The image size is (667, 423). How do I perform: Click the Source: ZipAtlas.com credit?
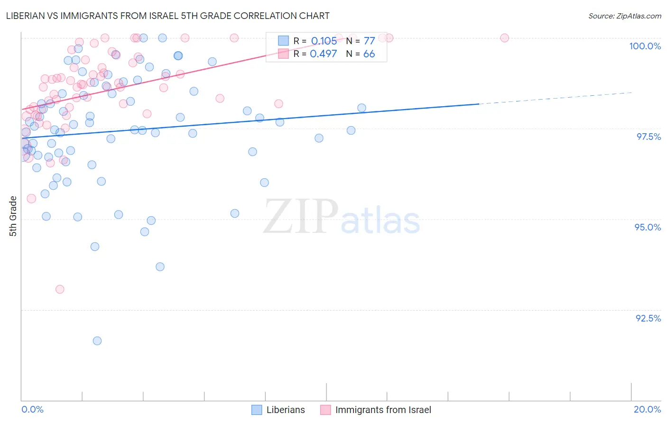point(624,16)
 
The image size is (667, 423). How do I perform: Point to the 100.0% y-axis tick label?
point(645,46)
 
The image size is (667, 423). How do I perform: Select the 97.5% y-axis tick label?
point(648,137)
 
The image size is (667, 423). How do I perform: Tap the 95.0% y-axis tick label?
point(648,227)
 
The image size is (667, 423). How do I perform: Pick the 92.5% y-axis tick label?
point(648,318)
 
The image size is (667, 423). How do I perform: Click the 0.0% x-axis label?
point(32,409)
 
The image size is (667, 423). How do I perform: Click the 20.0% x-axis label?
point(647,409)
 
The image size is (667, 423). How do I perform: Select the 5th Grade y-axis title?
point(13,216)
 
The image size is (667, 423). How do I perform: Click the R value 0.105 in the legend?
point(324,41)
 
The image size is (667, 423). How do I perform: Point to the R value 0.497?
point(323,54)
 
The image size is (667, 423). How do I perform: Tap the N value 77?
point(369,41)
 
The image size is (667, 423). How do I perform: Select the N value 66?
point(369,54)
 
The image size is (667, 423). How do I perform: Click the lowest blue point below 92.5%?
point(97,341)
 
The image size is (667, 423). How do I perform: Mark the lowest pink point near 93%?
point(60,289)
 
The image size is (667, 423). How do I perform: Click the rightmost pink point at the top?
point(504,38)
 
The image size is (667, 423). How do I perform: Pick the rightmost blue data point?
point(361,108)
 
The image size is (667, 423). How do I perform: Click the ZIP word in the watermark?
point(301,217)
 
